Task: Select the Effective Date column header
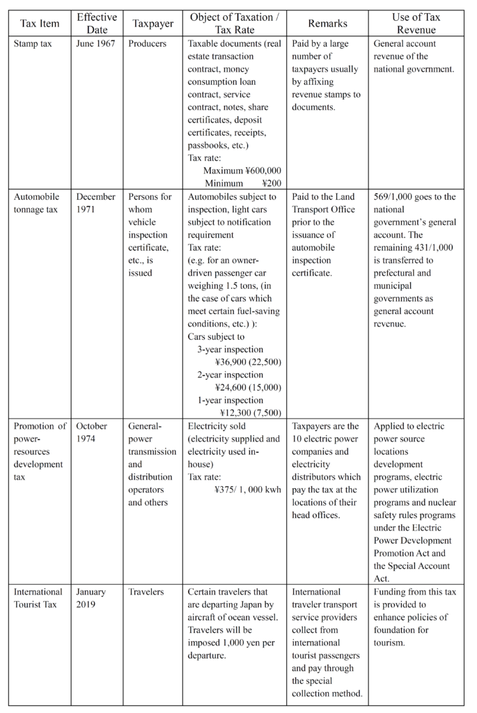97,23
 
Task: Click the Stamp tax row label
34,44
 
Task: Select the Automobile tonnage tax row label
37,203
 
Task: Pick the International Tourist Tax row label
38,598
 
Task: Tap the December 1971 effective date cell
96,203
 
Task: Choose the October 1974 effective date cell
92,432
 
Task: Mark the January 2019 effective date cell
91,598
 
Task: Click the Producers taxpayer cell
147,44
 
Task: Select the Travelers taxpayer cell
146,592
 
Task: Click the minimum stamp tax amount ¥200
272,183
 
